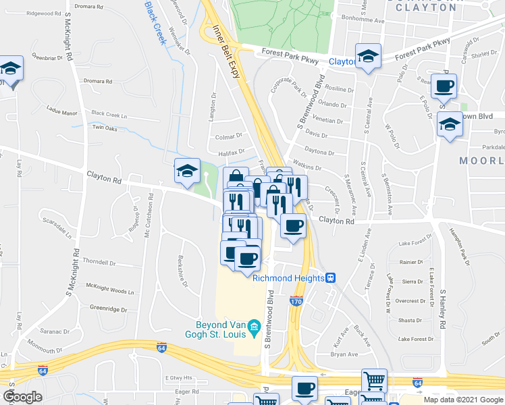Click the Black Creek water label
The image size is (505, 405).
point(155,22)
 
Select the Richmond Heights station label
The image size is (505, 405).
point(289,278)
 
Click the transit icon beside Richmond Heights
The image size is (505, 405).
point(331,278)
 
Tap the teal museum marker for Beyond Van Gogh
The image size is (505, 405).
point(255,329)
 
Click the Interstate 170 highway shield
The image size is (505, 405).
point(296,301)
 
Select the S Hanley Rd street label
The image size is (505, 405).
point(444,310)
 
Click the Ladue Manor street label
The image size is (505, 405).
point(61,112)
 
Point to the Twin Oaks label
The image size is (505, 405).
point(105,128)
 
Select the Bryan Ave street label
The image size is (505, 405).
point(344,354)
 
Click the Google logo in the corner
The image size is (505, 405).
point(23,396)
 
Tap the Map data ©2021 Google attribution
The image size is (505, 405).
point(462,400)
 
